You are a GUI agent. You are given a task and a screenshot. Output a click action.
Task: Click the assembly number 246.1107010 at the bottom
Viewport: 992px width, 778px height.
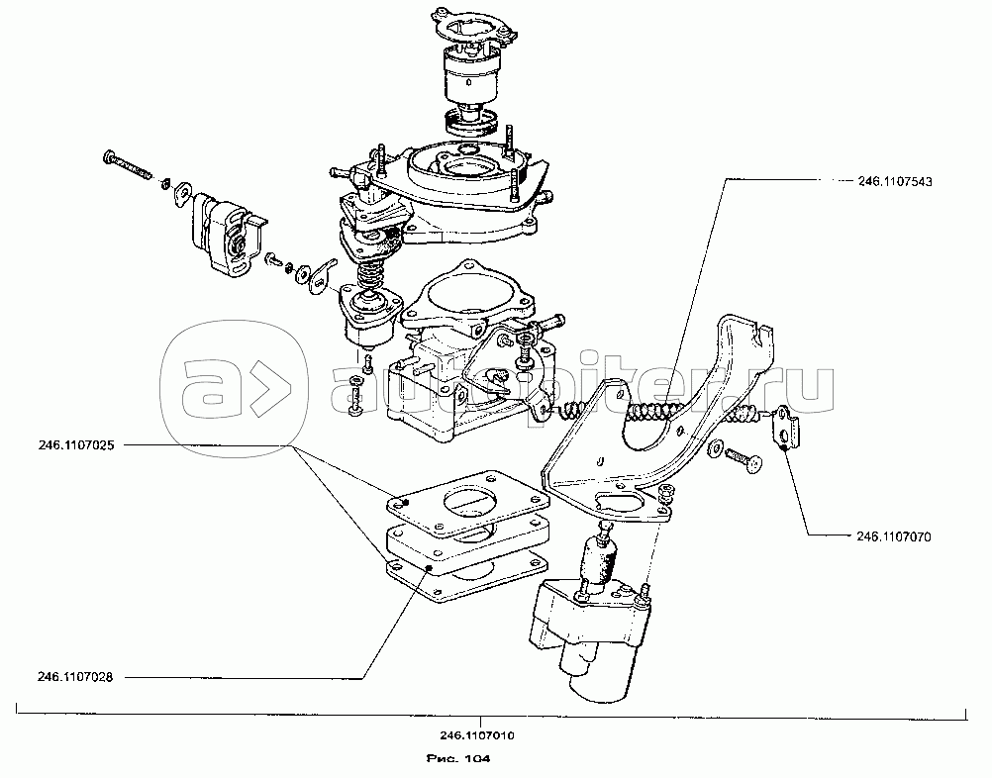point(477,735)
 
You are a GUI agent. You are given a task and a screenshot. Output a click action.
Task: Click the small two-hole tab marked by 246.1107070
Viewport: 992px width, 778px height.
point(784,426)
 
